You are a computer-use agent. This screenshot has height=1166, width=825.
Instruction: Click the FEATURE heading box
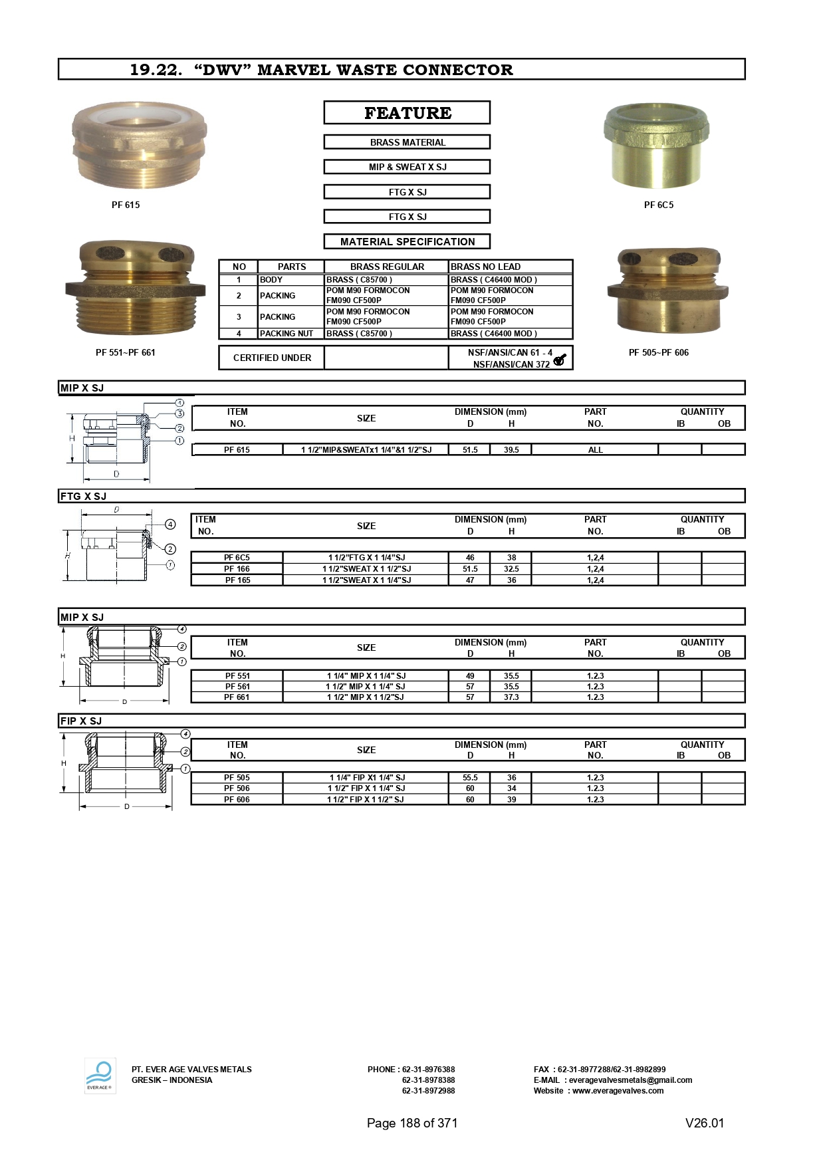(x=407, y=113)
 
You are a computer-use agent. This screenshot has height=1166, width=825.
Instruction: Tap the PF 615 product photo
(x=139, y=146)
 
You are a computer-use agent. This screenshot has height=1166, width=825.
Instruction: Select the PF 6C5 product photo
(x=657, y=146)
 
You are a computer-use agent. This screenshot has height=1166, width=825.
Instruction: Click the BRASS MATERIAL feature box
(x=407, y=142)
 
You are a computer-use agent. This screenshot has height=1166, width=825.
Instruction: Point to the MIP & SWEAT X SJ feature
(x=407, y=167)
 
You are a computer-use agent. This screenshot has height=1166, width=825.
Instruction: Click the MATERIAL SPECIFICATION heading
(x=407, y=242)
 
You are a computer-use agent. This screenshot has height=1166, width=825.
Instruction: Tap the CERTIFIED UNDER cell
(x=272, y=358)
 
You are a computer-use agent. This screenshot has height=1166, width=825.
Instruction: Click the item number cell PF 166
(x=237, y=569)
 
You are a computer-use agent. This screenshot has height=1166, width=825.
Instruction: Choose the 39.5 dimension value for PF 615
(x=511, y=450)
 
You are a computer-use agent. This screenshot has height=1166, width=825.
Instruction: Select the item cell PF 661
(x=237, y=697)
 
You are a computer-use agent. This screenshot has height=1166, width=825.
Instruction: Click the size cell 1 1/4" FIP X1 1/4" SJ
(x=367, y=778)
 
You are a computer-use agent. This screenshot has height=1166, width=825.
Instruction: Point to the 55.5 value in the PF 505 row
(x=470, y=778)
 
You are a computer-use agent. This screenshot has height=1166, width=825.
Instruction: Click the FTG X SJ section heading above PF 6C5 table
(x=83, y=497)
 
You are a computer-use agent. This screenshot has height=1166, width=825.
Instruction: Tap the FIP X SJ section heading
(x=81, y=721)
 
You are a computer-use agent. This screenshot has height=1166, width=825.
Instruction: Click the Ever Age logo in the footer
(x=100, y=1076)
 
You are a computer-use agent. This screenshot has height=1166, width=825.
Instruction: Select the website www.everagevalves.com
(x=618, y=1091)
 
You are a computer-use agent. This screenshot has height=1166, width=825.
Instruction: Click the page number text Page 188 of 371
(x=412, y=1123)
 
